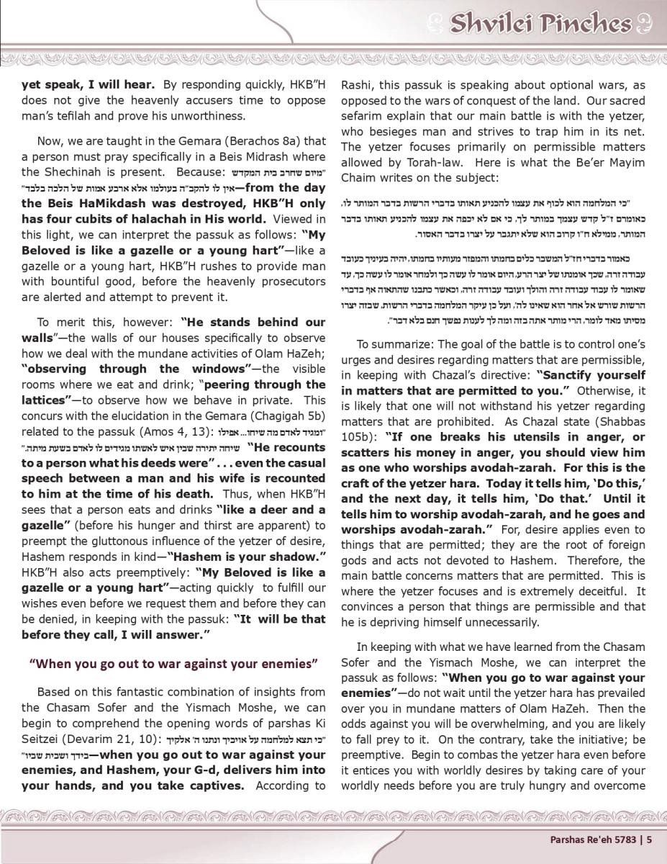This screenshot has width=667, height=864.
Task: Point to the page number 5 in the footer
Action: click(649, 838)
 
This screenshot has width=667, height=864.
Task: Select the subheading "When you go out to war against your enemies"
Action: click(173, 662)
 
